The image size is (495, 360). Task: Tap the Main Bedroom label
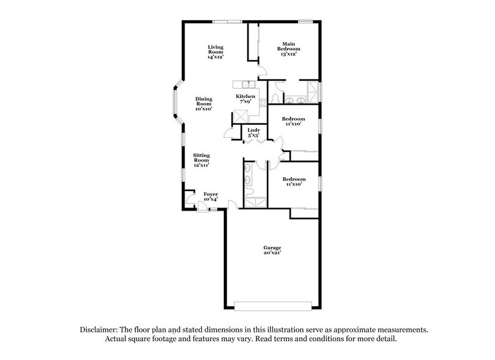click(288, 46)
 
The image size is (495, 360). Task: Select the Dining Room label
click(204, 102)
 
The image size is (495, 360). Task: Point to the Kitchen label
click(246, 97)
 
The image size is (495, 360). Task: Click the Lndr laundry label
click(253, 130)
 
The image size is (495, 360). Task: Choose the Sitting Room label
click(202, 158)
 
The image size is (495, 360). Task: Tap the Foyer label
click(210, 194)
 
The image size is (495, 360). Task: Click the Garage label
click(272, 247)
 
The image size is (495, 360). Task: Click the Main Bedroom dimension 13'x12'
click(288, 54)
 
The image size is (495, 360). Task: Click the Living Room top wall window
click(228, 23)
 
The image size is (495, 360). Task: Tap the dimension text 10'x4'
click(210, 199)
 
